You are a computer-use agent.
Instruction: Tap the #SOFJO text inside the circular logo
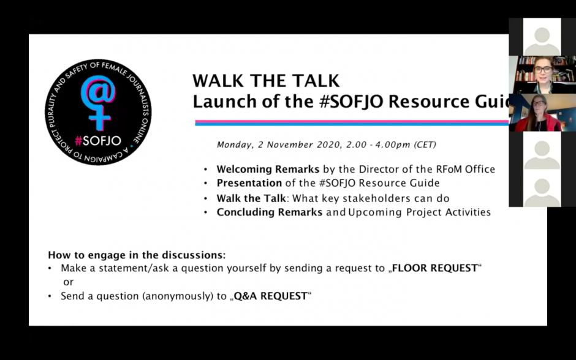tap(97, 141)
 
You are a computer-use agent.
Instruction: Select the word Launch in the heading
tap(225, 101)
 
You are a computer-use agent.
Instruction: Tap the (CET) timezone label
tap(425, 144)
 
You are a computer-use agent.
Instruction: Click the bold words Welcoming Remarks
tap(268, 169)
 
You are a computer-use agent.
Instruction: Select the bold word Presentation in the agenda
tap(249, 182)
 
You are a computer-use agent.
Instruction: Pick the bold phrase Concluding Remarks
tap(269, 212)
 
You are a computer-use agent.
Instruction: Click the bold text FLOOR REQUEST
tap(435, 268)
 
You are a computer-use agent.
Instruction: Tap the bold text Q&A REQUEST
tap(270, 296)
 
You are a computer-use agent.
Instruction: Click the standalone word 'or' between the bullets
tap(69, 282)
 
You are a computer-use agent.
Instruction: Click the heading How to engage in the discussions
tap(137, 255)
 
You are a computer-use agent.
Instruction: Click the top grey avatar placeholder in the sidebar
tap(542, 37)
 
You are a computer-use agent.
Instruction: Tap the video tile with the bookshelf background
tap(542, 75)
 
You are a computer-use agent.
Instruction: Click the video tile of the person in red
tap(542, 113)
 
